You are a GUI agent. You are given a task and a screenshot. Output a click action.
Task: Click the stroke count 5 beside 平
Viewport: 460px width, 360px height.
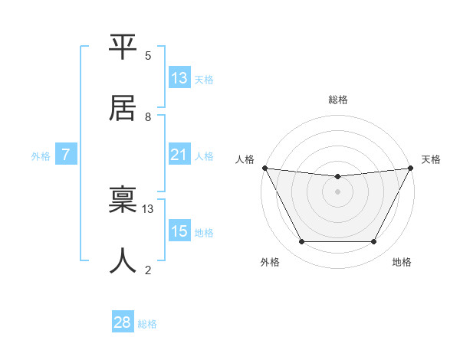pyautogui.click(x=148, y=56)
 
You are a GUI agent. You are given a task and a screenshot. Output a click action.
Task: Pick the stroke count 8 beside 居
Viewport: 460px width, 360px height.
pyautogui.click(x=148, y=117)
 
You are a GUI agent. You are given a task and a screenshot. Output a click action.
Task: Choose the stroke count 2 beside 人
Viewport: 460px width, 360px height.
pyautogui.click(x=148, y=270)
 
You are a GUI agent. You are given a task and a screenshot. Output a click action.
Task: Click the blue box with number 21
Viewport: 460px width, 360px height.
pyautogui.click(x=179, y=155)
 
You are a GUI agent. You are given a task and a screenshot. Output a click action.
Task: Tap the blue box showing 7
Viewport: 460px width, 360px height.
pyautogui.click(x=66, y=155)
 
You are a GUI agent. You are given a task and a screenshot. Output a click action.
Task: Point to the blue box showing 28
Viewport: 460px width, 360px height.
pyautogui.click(x=123, y=322)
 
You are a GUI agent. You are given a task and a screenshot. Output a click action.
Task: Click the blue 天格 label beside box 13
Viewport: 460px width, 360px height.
pyautogui.click(x=204, y=80)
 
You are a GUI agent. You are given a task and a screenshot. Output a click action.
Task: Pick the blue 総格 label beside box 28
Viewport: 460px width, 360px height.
pyautogui.click(x=148, y=324)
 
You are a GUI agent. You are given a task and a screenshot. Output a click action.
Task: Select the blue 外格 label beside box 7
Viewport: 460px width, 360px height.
pyautogui.click(x=41, y=156)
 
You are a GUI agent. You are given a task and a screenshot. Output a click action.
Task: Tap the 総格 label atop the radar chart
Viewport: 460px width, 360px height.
pyautogui.click(x=337, y=100)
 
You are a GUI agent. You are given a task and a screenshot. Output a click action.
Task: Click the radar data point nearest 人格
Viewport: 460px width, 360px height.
pyautogui.click(x=264, y=168)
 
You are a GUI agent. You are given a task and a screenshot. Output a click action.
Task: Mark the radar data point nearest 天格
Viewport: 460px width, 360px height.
pyautogui.click(x=410, y=168)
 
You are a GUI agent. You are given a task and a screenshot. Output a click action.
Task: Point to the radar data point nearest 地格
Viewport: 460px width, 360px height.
pyautogui.click(x=374, y=242)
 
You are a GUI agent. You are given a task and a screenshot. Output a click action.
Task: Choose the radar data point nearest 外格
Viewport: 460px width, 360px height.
pyautogui.click(x=301, y=242)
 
